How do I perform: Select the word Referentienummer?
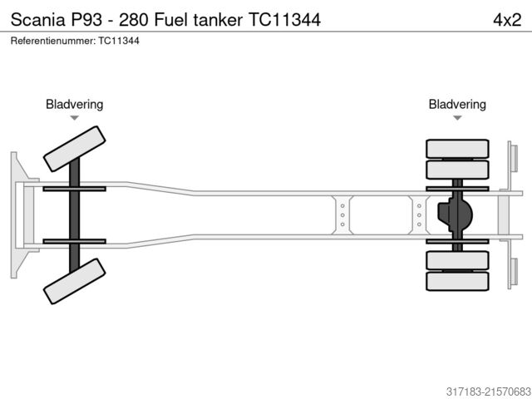(52, 40)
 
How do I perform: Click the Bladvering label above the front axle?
(74, 105)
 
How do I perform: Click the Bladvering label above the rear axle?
(457, 105)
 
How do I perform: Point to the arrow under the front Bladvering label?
(74, 118)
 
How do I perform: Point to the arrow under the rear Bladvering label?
(457, 118)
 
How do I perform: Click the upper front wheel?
(74, 149)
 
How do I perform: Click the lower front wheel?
(74, 281)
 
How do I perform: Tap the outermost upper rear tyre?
(456, 149)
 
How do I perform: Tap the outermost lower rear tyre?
(456, 281)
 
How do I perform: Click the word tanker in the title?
(218, 18)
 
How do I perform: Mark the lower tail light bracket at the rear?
(512, 272)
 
